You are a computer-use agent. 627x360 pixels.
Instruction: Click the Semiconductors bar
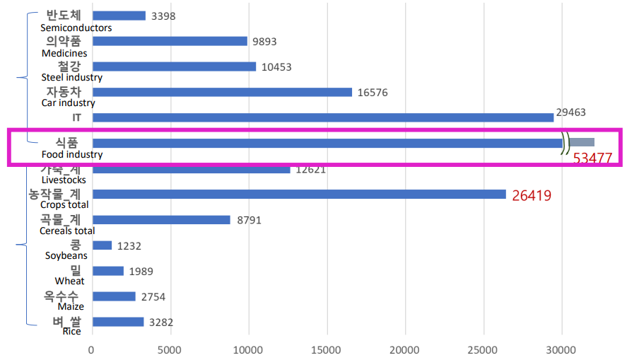coord(119,16)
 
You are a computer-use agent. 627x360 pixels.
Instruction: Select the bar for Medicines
coord(170,41)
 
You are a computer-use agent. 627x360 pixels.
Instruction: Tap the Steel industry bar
coord(174,66)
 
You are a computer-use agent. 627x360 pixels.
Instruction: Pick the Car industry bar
coord(222,92)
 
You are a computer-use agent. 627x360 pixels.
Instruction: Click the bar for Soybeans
coord(102,245)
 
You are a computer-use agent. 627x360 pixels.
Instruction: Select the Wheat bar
coord(107,271)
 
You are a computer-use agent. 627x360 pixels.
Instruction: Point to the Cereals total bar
coord(161,220)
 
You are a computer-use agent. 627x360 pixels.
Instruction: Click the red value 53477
coord(592,158)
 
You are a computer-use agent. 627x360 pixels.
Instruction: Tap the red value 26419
coord(532,195)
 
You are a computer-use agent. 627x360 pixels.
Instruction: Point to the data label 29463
coord(572,112)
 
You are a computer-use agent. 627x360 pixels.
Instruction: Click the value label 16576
coord(373,93)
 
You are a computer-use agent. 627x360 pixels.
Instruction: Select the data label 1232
coord(129,246)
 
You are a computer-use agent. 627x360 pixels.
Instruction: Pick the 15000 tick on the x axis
coord(327,349)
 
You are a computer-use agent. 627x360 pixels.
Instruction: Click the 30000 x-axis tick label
coord(562,349)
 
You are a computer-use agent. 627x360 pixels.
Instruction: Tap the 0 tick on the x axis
coord(91,349)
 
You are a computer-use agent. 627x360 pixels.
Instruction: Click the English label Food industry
coord(72,154)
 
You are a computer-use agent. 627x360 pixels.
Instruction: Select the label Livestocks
coord(64,180)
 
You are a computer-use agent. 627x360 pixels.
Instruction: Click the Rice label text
coord(71,331)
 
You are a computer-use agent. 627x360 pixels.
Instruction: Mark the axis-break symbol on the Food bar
coord(566,143)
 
